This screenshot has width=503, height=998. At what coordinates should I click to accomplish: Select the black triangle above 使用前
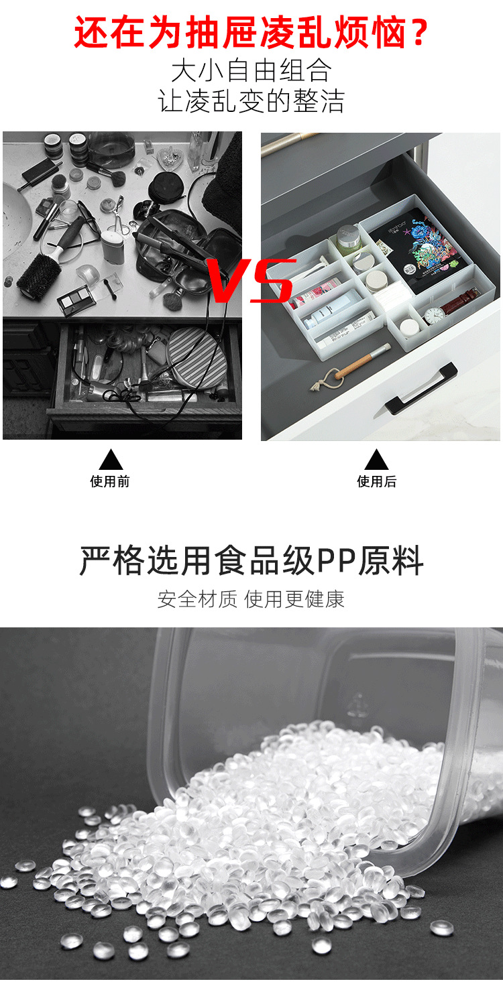111,460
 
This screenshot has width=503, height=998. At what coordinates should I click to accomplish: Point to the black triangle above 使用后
376,460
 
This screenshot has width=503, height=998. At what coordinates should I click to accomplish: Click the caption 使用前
110,481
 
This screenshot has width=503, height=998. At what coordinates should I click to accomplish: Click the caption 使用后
376,481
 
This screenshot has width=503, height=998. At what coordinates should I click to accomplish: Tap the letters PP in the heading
335,562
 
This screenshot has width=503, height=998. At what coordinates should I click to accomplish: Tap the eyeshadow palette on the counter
76,299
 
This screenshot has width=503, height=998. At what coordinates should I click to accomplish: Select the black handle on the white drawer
416,387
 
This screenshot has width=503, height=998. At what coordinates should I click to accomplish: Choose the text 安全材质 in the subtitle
198,599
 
